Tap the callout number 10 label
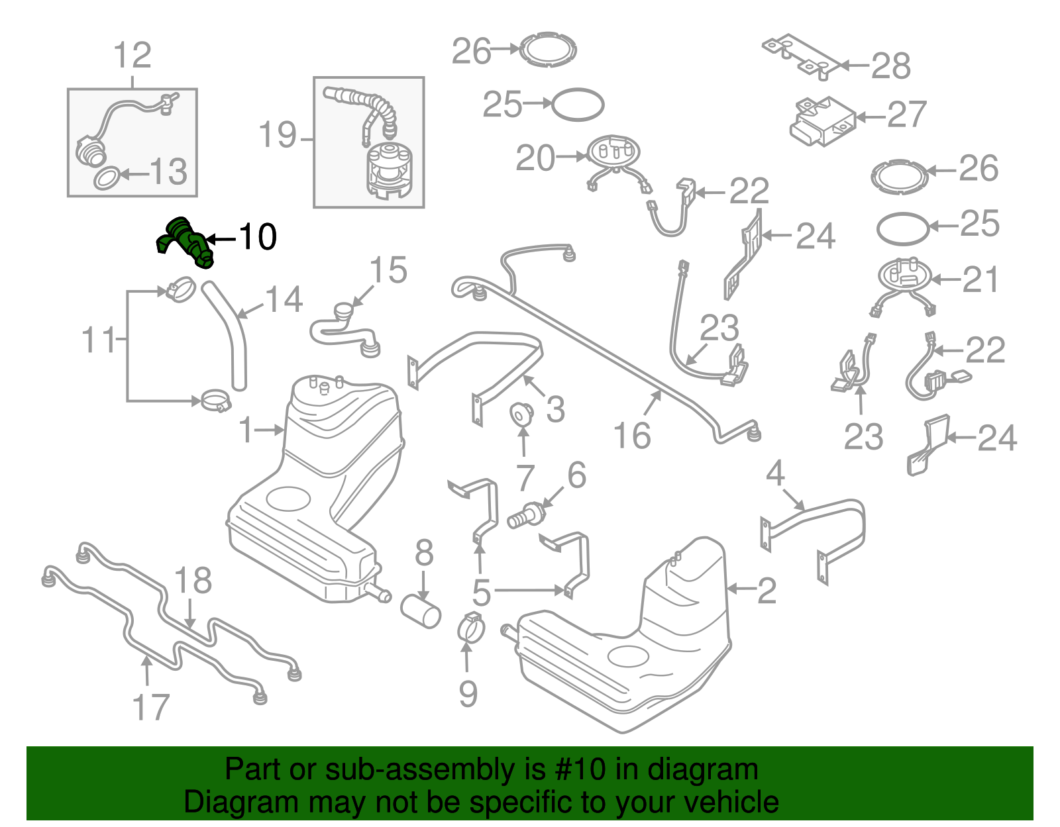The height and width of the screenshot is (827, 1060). (x=257, y=237)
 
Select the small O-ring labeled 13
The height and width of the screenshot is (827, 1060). (x=107, y=177)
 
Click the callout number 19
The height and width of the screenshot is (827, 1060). (x=277, y=136)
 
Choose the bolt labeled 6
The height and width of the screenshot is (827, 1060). (x=526, y=515)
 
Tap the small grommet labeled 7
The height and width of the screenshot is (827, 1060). (x=522, y=414)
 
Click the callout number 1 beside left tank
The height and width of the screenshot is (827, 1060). (x=246, y=431)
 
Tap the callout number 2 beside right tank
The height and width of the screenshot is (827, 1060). (x=767, y=590)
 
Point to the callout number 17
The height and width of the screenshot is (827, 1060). (x=151, y=707)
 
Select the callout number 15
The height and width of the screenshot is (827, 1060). (x=388, y=271)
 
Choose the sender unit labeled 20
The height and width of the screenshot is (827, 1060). (x=613, y=154)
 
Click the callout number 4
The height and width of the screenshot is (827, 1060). (x=775, y=474)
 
